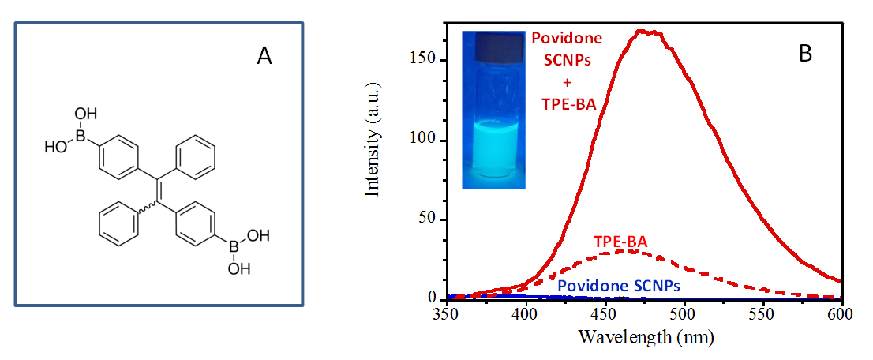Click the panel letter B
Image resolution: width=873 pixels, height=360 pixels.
pos(806,53)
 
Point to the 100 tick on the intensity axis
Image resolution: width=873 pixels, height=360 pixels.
pos(426,141)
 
